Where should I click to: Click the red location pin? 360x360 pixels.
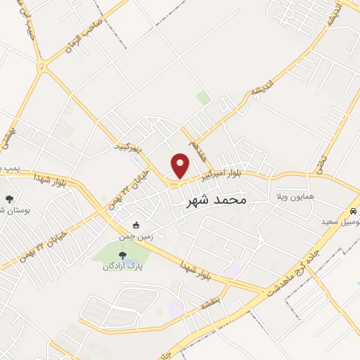click(x=180, y=165)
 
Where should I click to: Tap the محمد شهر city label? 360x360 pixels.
click(x=217, y=201)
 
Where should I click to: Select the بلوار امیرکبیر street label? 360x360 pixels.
click(x=224, y=176)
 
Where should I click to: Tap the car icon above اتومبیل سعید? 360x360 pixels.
click(x=352, y=211)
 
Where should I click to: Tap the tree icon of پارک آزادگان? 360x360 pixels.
click(x=123, y=255)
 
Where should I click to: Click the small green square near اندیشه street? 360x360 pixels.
click(x=203, y=98)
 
